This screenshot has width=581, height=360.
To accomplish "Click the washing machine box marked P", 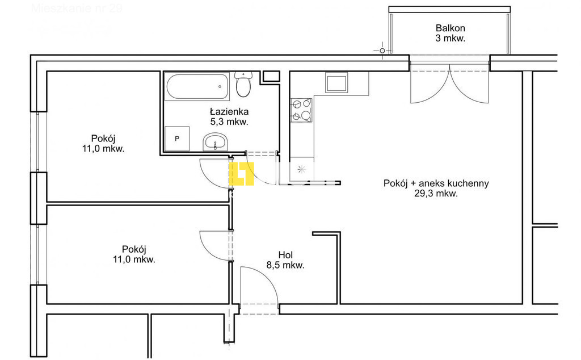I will [x=176, y=139].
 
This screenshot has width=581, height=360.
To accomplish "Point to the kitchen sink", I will [x=336, y=83].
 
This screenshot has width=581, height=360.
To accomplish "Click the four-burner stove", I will [x=301, y=110].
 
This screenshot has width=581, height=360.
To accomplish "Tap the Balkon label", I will [x=450, y=28].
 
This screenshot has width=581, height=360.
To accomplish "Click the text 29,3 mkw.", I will [x=436, y=193].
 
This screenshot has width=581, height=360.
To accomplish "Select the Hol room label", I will [x=286, y=255].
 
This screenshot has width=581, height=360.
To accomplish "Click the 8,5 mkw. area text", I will [x=286, y=265].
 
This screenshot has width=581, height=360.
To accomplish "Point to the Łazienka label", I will [x=228, y=111].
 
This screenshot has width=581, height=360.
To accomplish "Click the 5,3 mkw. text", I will [x=228, y=122].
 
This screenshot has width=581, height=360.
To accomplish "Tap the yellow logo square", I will [x=241, y=174].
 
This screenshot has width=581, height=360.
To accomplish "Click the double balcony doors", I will [x=449, y=83].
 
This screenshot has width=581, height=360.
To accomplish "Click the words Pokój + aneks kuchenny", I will [x=436, y=183].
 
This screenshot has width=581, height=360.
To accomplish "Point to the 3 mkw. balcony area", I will [x=450, y=39].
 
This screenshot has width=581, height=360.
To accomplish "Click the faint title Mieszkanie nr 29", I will [x=77, y=9].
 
